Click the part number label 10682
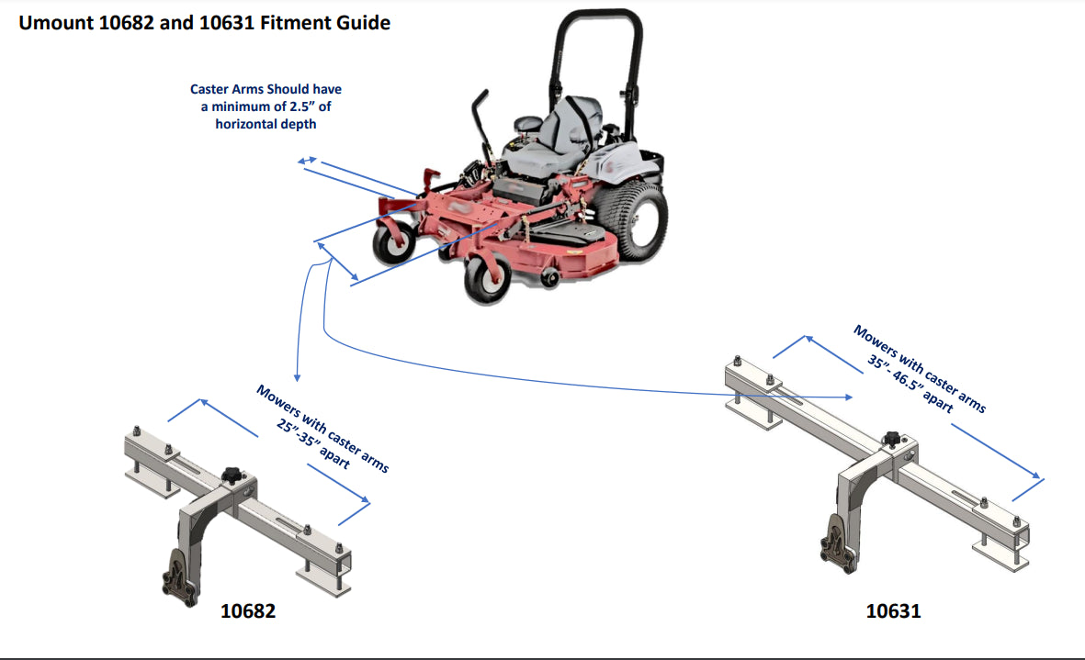[248, 610]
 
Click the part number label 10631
[893, 610]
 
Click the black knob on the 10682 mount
[231, 475]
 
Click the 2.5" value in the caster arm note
[287, 106]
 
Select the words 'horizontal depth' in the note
[266, 124]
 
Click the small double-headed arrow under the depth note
[308, 162]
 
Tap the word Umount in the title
[56, 23]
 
